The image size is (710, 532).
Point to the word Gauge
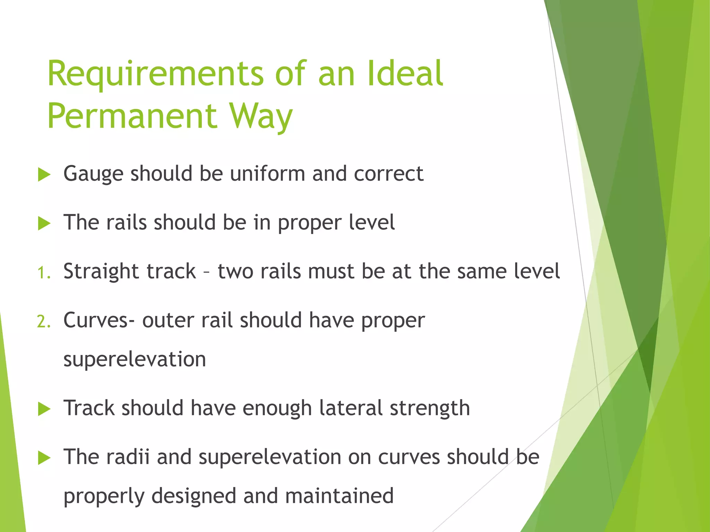[93, 174]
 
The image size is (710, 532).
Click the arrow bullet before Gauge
[44, 174]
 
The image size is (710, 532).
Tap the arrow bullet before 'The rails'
[44, 223]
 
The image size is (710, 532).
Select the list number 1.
[43, 273]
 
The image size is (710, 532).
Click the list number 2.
[43, 322]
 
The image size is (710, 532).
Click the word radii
[128, 457]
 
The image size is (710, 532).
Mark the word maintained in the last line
[339, 496]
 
